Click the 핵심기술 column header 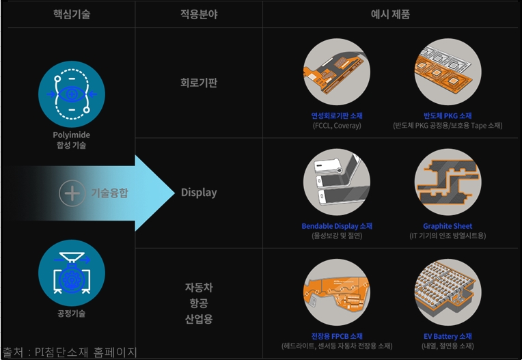coord(71,14)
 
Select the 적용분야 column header coord(198,14)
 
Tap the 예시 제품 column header coord(391,14)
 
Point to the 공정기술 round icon coord(71,273)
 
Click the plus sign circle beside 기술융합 coord(72,193)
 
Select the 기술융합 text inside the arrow coord(109,193)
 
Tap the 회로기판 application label coord(199,83)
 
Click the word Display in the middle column coord(199,193)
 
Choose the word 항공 coord(199,303)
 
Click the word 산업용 coord(199,320)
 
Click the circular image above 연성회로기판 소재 coord(336,72)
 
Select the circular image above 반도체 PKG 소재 coord(448,72)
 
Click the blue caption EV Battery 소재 coord(448,336)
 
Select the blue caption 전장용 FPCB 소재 coord(336,336)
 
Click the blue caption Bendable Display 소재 coord(336,226)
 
